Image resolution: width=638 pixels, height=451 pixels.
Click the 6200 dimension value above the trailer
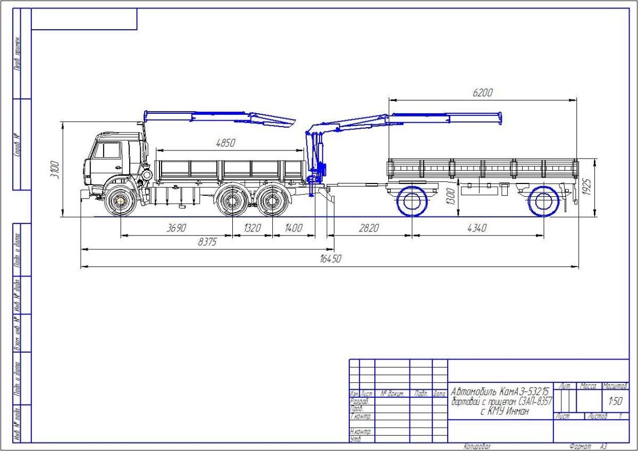tap(483, 93)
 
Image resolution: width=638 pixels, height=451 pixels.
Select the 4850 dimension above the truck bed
tap(226, 143)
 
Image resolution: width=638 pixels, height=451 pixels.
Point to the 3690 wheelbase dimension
tap(177, 228)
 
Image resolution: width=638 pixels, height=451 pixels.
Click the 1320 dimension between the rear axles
tap(252, 228)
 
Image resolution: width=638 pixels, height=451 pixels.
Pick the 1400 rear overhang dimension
tap(293, 228)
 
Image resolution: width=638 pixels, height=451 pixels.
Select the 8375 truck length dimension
tap(207, 242)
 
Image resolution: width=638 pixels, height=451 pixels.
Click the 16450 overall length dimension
tap(330, 259)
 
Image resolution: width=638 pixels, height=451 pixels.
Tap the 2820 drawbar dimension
tap(369, 228)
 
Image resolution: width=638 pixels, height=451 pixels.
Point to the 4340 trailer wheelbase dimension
tap(477, 228)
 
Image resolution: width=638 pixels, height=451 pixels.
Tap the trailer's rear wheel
tap(543, 202)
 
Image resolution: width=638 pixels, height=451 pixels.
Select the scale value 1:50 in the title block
tap(615, 400)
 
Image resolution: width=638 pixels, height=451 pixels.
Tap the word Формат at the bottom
tap(580, 447)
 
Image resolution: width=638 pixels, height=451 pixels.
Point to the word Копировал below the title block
tap(477, 447)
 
